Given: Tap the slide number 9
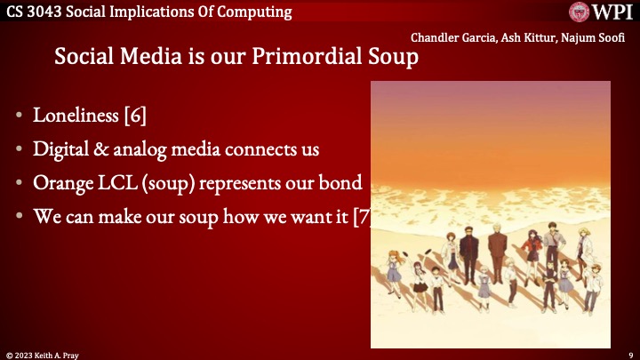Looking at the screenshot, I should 629,354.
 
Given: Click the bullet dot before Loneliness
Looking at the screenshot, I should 19,116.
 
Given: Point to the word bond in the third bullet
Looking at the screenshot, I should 341,182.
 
